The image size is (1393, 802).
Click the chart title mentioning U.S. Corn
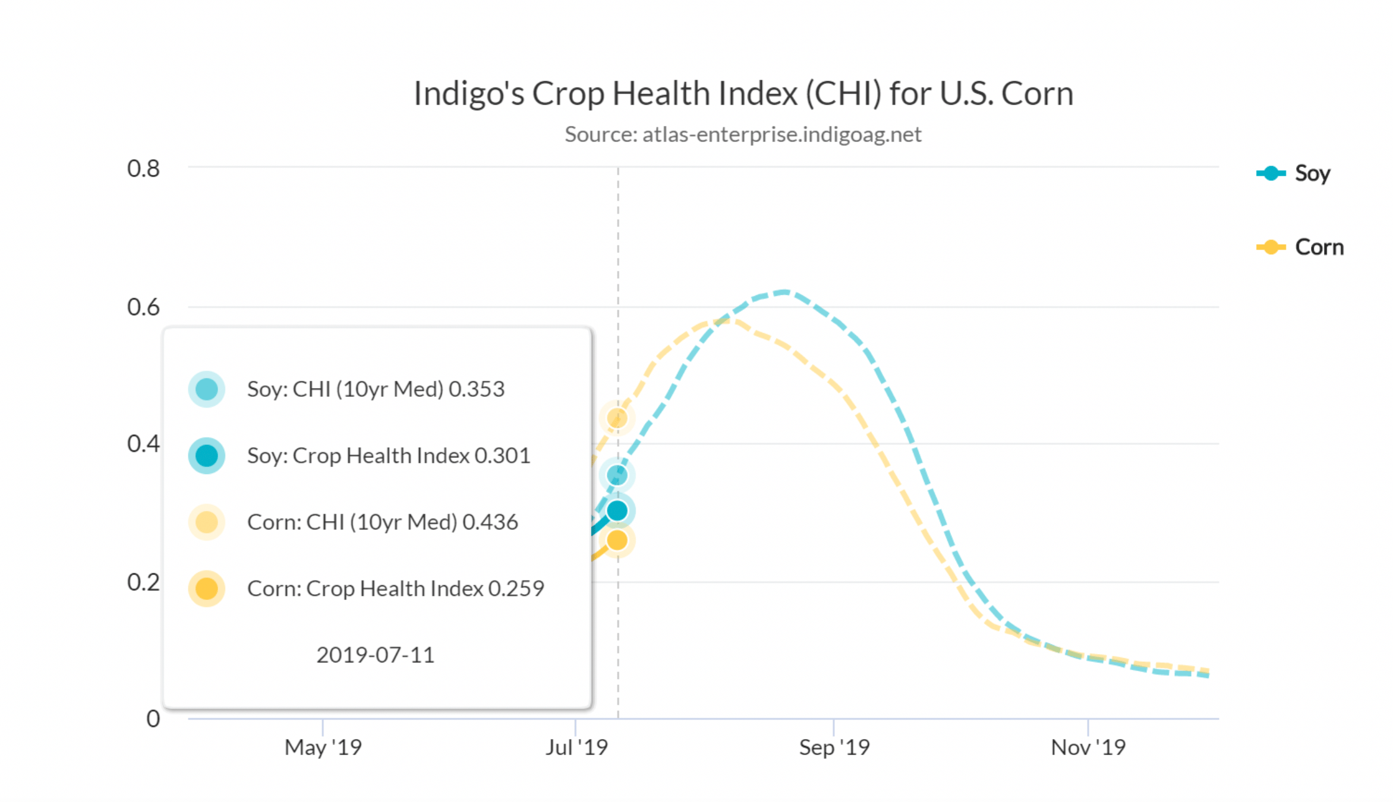(x=743, y=94)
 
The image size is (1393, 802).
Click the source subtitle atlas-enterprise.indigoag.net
(x=743, y=134)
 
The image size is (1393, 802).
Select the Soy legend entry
(x=1294, y=173)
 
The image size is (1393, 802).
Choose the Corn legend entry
(x=1300, y=247)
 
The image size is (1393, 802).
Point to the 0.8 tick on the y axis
(x=143, y=169)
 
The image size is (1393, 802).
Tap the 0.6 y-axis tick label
(x=143, y=307)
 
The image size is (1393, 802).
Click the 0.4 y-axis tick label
(x=143, y=444)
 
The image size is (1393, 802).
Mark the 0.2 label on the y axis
(x=143, y=582)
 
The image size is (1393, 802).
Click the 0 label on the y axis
(x=153, y=719)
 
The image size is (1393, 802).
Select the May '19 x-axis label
(x=323, y=747)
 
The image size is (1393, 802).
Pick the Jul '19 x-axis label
(x=576, y=747)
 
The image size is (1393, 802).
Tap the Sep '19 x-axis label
(x=834, y=747)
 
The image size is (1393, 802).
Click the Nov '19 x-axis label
(x=1088, y=747)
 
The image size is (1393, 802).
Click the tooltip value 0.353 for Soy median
(x=477, y=389)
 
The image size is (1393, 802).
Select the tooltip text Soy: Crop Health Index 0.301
(x=389, y=456)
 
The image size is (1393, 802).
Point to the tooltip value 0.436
(x=490, y=522)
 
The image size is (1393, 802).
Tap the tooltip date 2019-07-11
(x=376, y=655)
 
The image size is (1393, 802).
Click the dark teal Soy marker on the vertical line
(x=617, y=510)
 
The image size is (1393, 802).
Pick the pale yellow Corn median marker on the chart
(x=617, y=418)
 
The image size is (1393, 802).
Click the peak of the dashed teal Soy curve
(x=784, y=292)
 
